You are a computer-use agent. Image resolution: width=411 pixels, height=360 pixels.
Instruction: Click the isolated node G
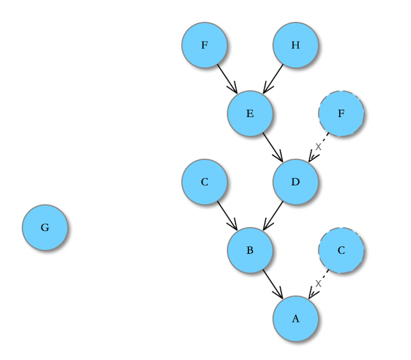point(45,227)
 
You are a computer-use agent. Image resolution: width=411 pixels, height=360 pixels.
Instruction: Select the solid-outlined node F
point(205,45)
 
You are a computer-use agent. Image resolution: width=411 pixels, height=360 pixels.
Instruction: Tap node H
point(296,45)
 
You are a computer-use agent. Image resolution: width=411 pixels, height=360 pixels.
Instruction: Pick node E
point(250,114)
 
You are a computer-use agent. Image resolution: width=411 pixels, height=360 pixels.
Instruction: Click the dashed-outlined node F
point(341,114)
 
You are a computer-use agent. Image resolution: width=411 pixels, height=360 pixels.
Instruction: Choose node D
point(296,182)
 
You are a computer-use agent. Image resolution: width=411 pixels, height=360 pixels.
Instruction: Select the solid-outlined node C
point(205,182)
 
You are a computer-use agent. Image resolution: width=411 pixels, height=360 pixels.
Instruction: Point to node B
point(250,250)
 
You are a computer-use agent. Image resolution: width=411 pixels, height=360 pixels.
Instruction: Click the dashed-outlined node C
point(341,250)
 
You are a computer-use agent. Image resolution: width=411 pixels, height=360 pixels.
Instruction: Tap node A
point(296,318)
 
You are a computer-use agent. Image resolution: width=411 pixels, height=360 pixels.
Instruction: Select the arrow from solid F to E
point(227,79)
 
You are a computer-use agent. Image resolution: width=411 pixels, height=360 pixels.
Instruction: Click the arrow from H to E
point(273,79)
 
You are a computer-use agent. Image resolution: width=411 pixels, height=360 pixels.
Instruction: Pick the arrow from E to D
point(273,147)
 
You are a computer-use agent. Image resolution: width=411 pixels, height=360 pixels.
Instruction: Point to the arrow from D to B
point(273,215)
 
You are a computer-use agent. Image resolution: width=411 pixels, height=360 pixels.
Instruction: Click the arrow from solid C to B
point(227,215)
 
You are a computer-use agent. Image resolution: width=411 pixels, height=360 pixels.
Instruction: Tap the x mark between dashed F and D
point(318,146)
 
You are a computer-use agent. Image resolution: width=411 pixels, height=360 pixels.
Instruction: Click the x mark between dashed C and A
point(318,283)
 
